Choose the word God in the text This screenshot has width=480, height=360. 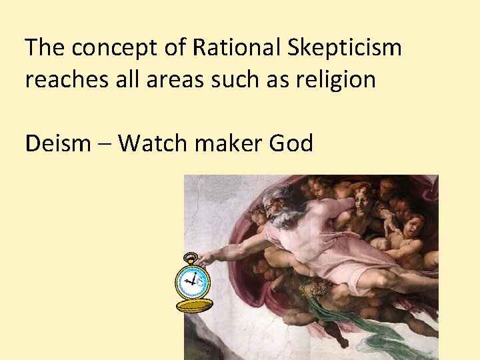click(291, 143)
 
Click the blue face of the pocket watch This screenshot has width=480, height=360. click(192, 281)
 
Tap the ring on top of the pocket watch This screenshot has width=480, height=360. click(189, 257)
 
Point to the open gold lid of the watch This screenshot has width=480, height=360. click(194, 306)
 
